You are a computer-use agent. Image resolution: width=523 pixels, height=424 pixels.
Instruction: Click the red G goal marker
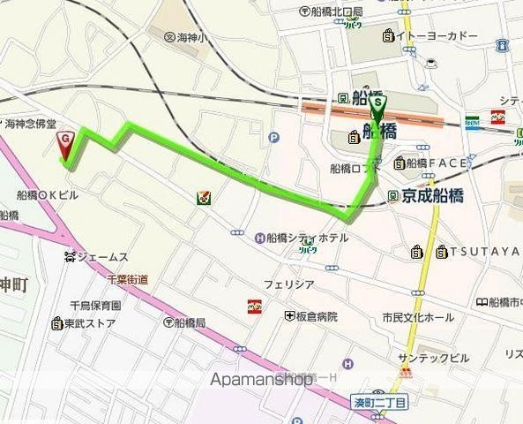(x=66, y=142)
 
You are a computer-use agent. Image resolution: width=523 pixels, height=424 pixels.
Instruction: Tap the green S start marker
(x=378, y=105)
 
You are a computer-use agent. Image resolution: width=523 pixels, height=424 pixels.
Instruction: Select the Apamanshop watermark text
(x=262, y=378)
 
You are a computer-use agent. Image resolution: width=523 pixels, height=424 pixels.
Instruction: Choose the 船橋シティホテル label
(x=300, y=237)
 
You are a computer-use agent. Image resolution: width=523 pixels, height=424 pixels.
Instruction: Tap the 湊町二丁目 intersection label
(x=380, y=403)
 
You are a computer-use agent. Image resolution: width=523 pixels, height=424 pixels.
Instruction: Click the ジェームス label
(x=101, y=257)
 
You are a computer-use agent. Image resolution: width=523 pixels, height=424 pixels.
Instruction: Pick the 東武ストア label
(x=89, y=322)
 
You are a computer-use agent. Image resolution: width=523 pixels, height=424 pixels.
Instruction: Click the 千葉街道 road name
(x=127, y=279)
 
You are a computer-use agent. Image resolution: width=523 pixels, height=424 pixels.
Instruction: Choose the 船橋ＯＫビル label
(x=48, y=193)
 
